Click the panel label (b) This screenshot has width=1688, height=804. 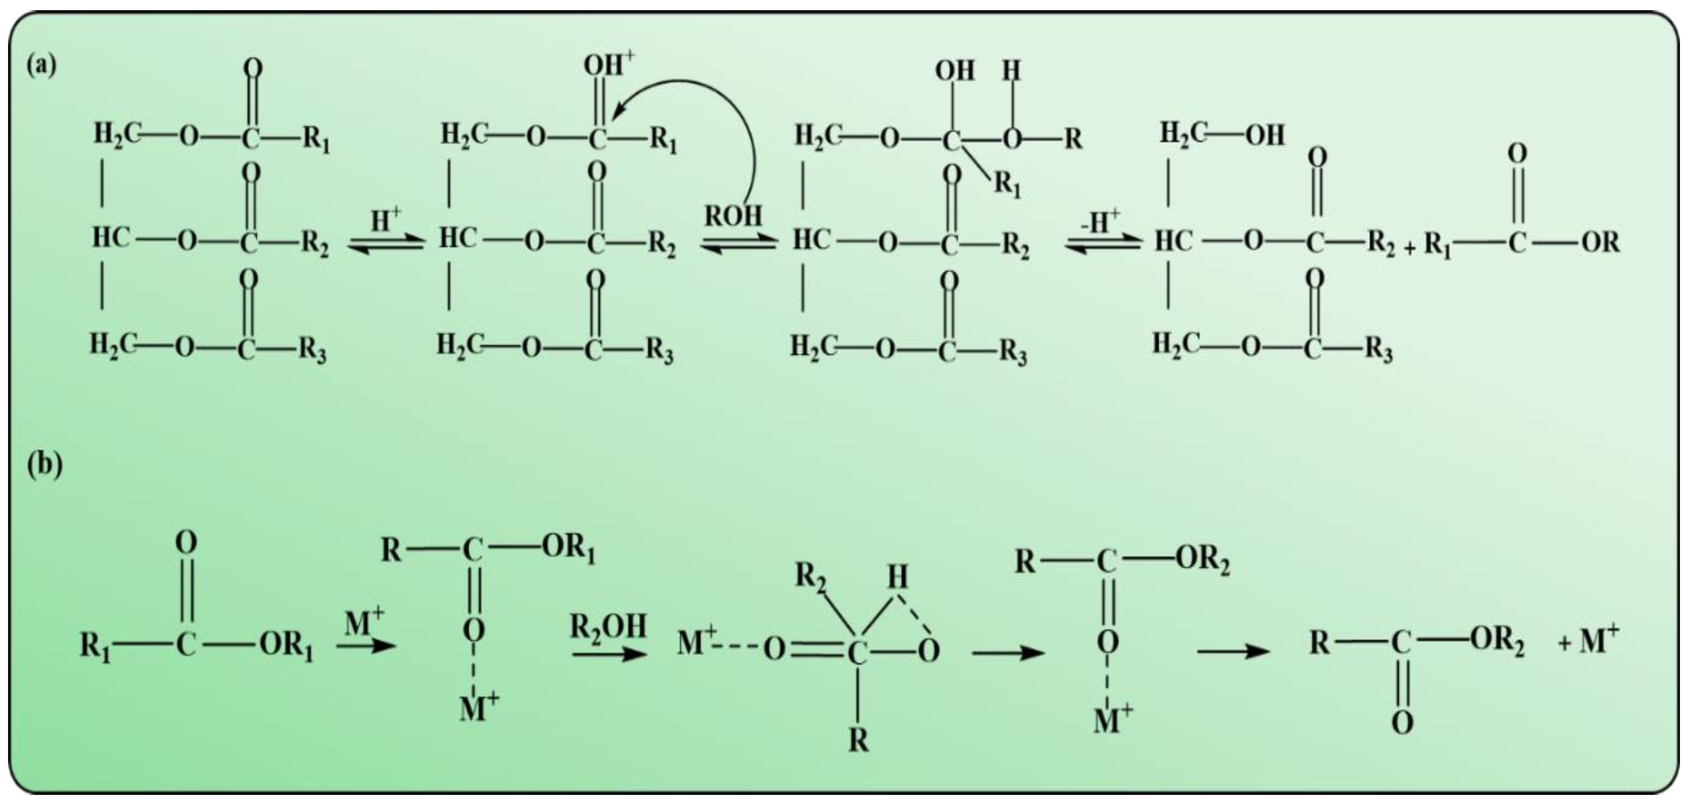(x=45, y=465)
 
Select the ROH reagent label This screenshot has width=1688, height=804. (x=733, y=216)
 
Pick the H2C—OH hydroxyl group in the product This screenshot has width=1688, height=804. (x=1265, y=135)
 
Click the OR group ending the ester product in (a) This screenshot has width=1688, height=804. (x=1601, y=243)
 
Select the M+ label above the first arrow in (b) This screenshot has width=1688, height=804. (x=365, y=623)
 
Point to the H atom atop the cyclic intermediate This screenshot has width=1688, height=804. (x=897, y=577)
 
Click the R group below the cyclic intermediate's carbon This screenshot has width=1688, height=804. (x=858, y=741)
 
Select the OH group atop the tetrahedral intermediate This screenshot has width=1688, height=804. (x=955, y=70)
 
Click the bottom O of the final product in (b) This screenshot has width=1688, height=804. (x=1402, y=723)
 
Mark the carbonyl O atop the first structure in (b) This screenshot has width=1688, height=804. (x=186, y=543)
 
